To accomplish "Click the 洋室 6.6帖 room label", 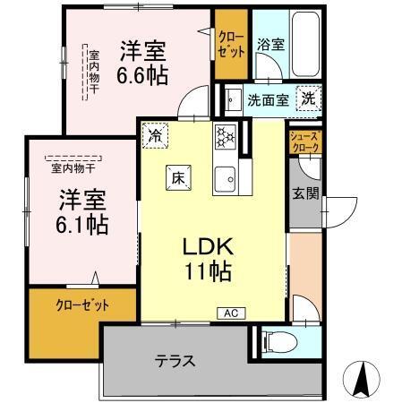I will (x=142, y=60).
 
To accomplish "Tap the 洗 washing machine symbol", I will (x=306, y=99).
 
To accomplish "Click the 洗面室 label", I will (x=267, y=100).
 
